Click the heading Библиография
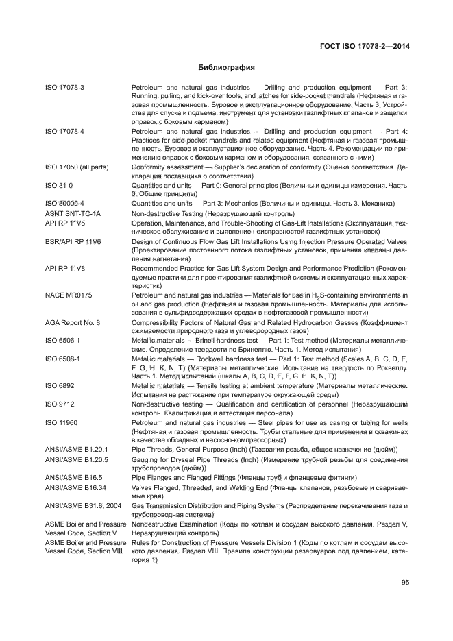226,68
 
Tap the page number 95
405,583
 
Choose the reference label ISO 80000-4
64,203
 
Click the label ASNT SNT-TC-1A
73,214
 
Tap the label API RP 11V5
66,223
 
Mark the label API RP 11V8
66,269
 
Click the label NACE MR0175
69,295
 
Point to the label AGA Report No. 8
73,322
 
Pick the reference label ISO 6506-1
63,339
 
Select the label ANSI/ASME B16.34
75,487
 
